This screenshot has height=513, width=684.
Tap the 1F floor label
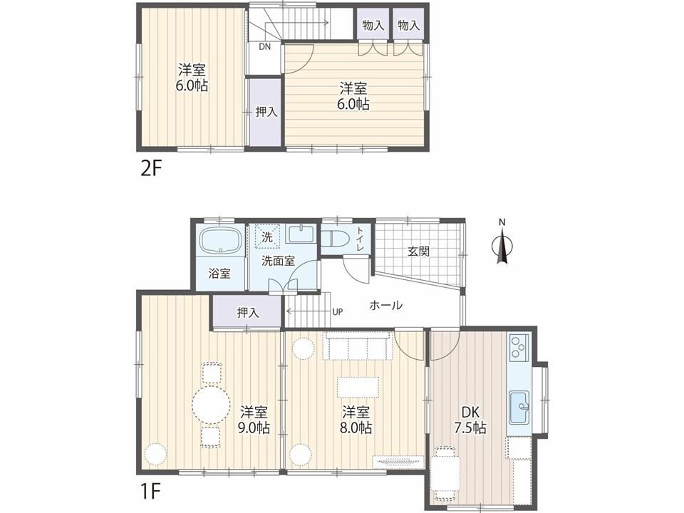pyautogui.click(x=150, y=492)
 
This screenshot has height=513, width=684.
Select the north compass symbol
pyautogui.click(x=502, y=244)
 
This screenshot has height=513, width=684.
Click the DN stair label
pyautogui.click(x=265, y=46)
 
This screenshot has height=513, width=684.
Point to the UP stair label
pyautogui.click(x=338, y=312)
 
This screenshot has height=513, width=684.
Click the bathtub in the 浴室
pyautogui.click(x=222, y=240)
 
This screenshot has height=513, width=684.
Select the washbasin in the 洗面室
pyautogui.click(x=301, y=234)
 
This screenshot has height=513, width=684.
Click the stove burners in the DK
pyautogui.click(x=519, y=347)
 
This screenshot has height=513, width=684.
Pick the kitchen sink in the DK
pyautogui.click(x=519, y=407)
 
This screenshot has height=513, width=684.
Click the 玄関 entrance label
pyautogui.click(x=418, y=252)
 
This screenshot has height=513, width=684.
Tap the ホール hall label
pyautogui.click(x=385, y=306)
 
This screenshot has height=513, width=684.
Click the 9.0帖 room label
pyautogui.click(x=254, y=420)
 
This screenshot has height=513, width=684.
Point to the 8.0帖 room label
pyautogui.click(x=356, y=420)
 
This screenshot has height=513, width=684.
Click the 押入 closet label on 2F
pyautogui.click(x=266, y=112)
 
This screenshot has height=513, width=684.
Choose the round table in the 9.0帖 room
pyautogui.click(x=212, y=405)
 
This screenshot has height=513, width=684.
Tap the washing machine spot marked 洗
pyautogui.click(x=267, y=237)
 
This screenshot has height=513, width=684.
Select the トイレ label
pyautogui.click(x=361, y=239)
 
